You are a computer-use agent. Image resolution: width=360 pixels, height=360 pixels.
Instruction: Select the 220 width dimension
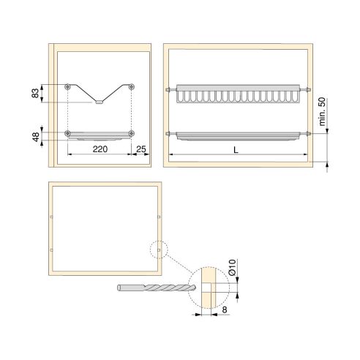click(x=100, y=148)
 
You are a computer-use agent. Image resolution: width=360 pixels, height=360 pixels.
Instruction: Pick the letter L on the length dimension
click(x=234, y=149)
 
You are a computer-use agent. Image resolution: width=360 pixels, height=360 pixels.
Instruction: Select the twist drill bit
click(x=154, y=288)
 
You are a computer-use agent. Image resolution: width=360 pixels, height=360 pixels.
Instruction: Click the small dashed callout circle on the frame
click(x=158, y=250)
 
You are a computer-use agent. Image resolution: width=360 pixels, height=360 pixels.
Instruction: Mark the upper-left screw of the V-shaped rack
click(x=68, y=86)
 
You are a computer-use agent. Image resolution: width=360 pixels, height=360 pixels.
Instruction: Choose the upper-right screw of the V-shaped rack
click(x=132, y=86)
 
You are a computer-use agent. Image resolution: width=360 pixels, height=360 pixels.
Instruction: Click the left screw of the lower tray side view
click(x=68, y=133)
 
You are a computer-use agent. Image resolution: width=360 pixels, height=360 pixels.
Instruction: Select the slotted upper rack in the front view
click(x=237, y=94)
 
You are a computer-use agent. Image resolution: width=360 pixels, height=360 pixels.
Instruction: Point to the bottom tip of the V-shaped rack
click(x=100, y=103)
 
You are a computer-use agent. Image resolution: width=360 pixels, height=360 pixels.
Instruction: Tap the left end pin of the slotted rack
click(x=170, y=90)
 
